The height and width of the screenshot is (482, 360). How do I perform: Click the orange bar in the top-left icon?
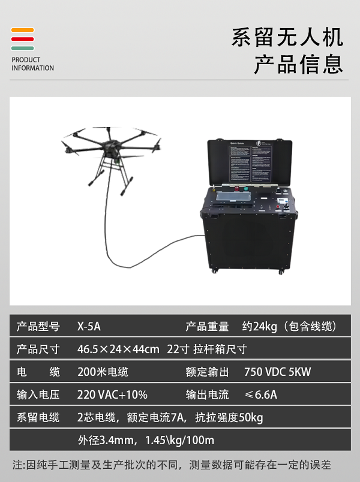22,30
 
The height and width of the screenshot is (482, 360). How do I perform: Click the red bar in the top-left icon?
22,39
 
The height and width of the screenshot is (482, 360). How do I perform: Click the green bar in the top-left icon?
22,48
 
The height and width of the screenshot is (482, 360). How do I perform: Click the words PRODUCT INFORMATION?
32,64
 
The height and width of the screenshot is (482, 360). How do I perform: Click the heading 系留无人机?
287,37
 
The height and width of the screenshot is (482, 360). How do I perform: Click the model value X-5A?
89,327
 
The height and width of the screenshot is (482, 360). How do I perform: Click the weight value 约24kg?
259,327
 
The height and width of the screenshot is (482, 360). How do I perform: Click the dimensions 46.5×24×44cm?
118,349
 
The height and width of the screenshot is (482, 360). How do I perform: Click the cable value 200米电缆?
103,372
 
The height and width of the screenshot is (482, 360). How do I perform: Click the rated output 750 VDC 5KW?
277,372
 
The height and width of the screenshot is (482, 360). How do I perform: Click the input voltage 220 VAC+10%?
112,394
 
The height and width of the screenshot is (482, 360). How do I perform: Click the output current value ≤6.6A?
260,394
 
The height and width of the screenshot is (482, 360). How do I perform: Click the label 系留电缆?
38,417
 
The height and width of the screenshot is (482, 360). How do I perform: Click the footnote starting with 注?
172,465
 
